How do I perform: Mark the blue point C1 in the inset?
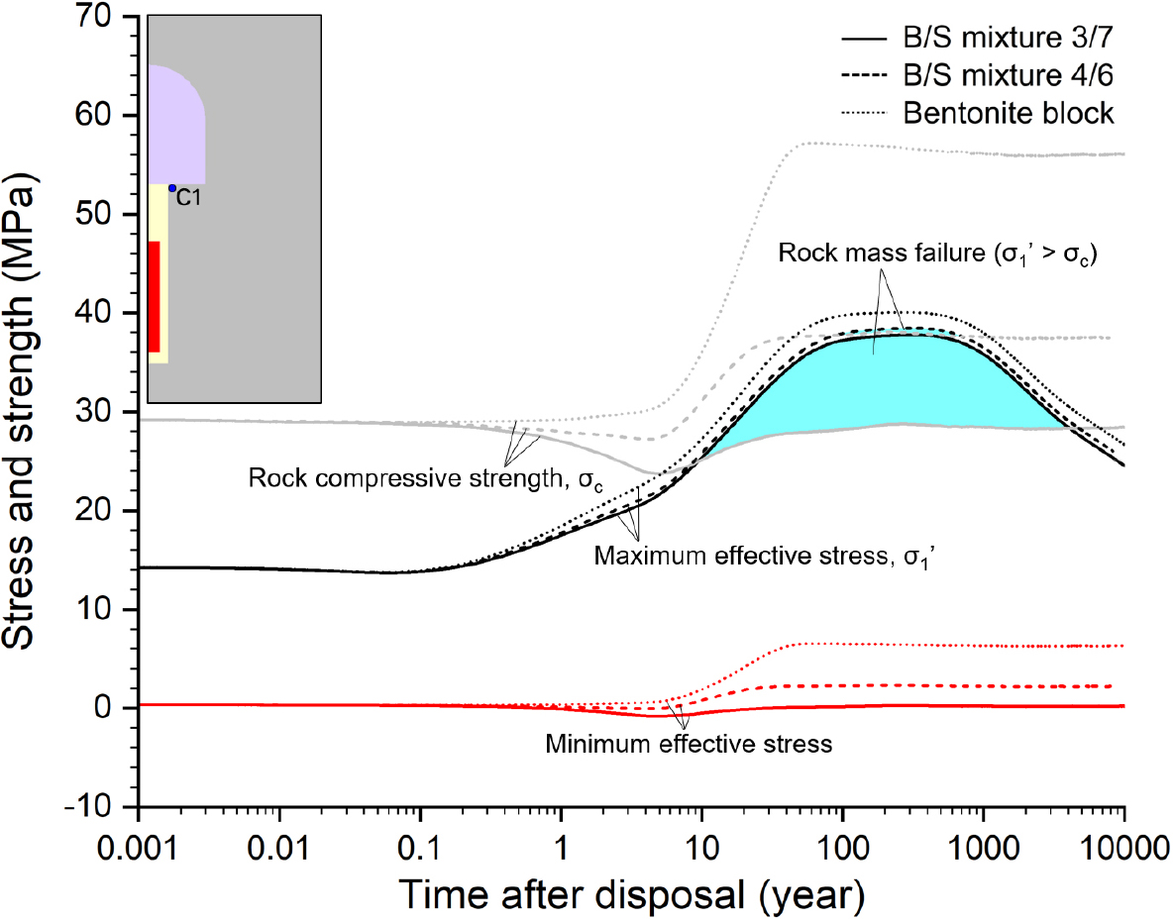click(x=171, y=188)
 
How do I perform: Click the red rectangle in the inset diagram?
click(x=154, y=296)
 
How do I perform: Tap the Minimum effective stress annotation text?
click(x=689, y=743)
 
